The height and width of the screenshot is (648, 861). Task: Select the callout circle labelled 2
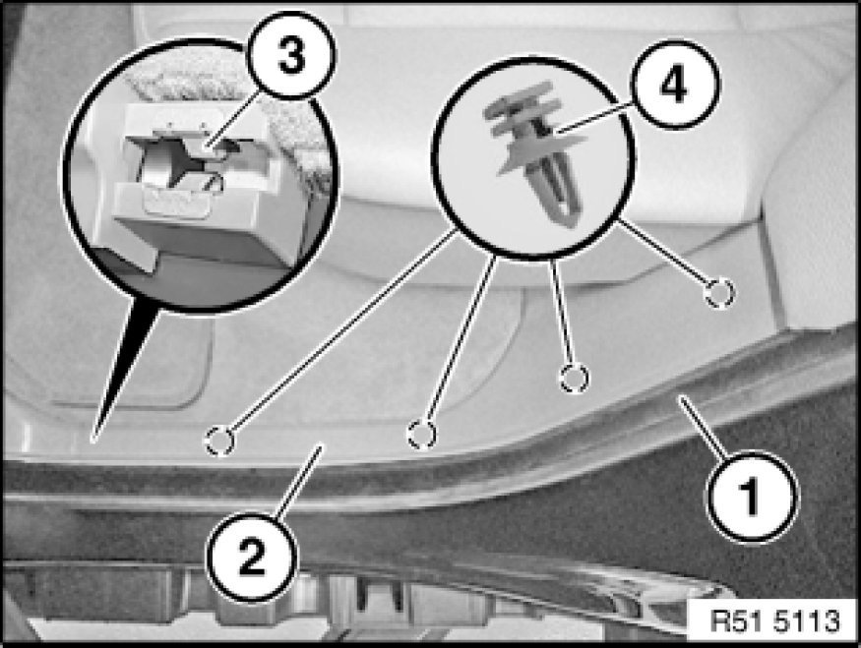click(252, 557)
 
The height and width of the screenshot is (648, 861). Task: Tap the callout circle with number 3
click(291, 55)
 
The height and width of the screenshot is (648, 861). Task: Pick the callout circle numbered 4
click(674, 85)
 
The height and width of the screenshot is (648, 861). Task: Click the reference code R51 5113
click(774, 621)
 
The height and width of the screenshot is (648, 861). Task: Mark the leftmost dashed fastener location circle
click(220, 441)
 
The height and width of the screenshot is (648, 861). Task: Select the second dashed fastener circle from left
click(421, 435)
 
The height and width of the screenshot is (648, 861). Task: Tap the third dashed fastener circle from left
click(574, 378)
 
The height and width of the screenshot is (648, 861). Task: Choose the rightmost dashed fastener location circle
click(720, 293)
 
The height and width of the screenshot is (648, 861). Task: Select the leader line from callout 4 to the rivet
click(594, 118)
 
